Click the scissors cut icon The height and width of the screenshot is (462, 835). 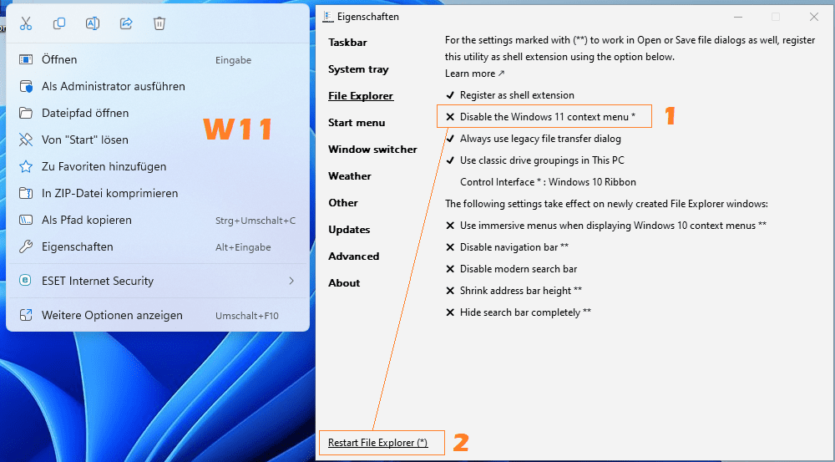pos(26,23)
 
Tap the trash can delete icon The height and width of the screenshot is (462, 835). pos(159,23)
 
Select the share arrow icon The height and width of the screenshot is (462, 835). pos(126,23)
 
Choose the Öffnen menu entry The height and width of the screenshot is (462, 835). pos(59,59)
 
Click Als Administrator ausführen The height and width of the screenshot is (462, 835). pos(114,86)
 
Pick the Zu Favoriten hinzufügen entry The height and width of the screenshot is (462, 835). pos(104,166)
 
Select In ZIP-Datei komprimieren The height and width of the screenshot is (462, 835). pos(109,193)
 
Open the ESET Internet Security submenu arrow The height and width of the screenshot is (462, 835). pos(291,281)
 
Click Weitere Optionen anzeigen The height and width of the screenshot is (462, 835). pos(112,316)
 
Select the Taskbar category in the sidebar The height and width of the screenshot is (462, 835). pos(347,43)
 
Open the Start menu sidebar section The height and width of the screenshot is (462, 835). pos(357,123)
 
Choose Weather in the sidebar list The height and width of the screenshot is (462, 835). pos(349,175)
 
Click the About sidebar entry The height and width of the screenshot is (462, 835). pos(344,283)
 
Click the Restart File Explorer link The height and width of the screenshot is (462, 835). pos(377,443)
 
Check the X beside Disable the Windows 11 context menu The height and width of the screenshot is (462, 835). pos(450,117)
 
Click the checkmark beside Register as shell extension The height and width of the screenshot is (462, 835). pos(450,95)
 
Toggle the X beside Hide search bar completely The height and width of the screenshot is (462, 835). pos(450,312)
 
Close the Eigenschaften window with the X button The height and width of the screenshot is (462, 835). pos(813,17)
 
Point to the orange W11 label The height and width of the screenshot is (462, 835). pos(238,129)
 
